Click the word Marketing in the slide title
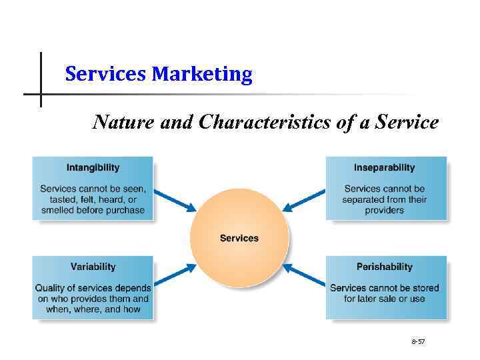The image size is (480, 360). point(202,74)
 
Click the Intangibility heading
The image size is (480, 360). point(93,167)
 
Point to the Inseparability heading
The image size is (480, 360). point(384,167)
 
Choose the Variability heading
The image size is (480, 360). point(93,267)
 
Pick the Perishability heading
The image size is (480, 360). point(384,267)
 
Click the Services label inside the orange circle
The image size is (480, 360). point(239,238)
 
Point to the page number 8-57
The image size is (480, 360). point(418,341)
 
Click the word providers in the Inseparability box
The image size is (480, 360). point(385,211)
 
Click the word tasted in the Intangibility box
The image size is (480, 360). point(64,200)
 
